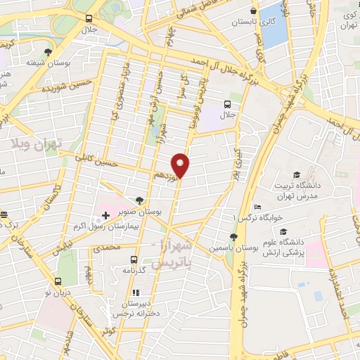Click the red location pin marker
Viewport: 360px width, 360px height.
point(181,165)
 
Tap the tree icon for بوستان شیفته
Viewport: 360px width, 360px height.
point(48,52)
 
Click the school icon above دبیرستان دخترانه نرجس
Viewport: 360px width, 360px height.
point(136,292)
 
